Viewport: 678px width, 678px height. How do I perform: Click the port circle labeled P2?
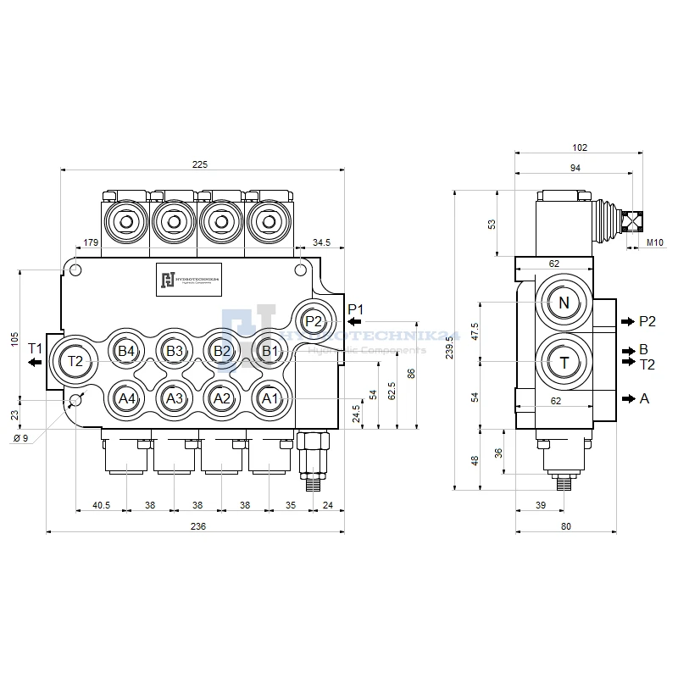coord(314,321)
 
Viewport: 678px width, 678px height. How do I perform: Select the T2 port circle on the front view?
coord(75,362)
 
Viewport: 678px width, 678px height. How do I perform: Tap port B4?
coord(126,351)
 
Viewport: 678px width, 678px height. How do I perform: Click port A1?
coord(269,398)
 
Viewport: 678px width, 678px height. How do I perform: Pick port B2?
coord(221,351)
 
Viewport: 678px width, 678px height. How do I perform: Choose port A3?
coord(174,398)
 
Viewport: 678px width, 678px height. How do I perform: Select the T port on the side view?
coord(564,362)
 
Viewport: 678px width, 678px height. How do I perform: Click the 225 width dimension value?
coord(200,164)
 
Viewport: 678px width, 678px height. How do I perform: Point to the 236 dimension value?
coord(198,526)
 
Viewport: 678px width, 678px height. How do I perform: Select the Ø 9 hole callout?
coord(22,438)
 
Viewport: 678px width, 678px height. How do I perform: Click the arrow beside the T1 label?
coord(34,363)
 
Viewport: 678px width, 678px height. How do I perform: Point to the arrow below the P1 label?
coord(354,322)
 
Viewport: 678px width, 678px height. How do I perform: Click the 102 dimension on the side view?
coord(580,147)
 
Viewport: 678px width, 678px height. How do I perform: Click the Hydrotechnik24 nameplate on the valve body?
coord(188,280)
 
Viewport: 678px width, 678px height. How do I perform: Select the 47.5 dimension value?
coord(474,330)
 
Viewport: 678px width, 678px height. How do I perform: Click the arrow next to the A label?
coord(627,398)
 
